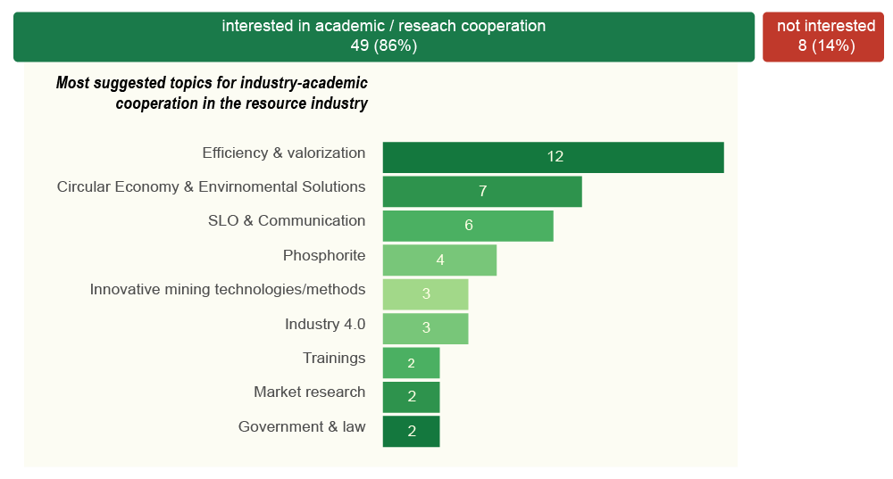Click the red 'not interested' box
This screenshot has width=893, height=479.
[x=822, y=37]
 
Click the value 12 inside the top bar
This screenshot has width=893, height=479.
[x=555, y=157]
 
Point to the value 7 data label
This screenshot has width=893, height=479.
[x=482, y=192]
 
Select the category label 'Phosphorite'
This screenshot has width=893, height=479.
[x=324, y=256]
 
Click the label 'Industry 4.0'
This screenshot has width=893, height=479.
[x=325, y=324]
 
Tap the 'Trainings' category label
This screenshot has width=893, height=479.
[x=334, y=359]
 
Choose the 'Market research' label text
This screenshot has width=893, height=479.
[x=309, y=392]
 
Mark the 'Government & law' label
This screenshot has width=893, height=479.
[x=302, y=427]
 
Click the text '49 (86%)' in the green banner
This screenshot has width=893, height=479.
[x=384, y=45]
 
